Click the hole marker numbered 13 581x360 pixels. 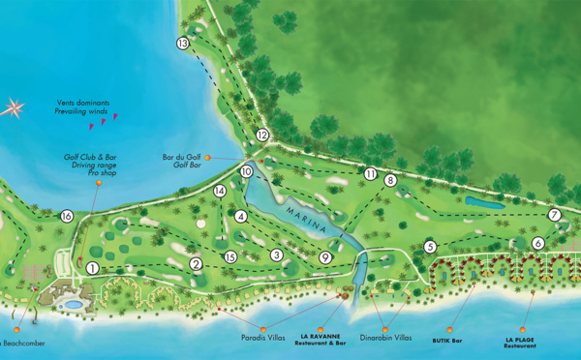[x=183, y=44]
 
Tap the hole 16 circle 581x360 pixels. [x=67, y=217]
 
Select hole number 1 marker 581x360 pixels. [x=92, y=268]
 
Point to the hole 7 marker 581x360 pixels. [x=555, y=215]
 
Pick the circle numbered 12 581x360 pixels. [x=262, y=135]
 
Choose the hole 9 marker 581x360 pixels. [x=325, y=257]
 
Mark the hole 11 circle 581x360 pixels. [x=371, y=173]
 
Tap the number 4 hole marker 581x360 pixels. [x=240, y=216]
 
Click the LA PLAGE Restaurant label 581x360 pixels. [x=520, y=344]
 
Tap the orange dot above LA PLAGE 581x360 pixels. [x=523, y=327]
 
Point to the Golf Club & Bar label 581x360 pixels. [x=90, y=157]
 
